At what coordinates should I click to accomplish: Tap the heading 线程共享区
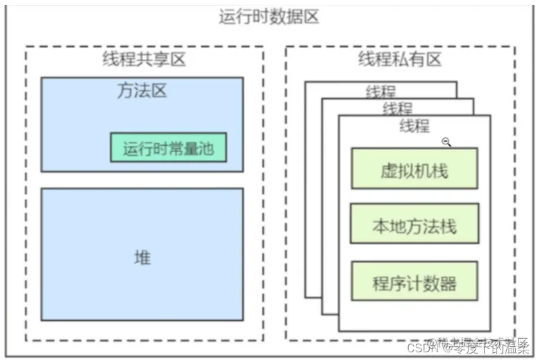[144, 60]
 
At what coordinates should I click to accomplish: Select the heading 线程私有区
[400, 60]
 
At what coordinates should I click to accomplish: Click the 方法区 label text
[142, 90]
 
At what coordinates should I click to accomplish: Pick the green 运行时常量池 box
[168, 148]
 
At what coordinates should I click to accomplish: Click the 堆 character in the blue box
[142, 257]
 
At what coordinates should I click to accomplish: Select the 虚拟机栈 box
[414, 169]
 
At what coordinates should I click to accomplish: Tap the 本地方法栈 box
[414, 225]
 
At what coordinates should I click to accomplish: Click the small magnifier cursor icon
[447, 142]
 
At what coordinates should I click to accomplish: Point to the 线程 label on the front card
[414, 126]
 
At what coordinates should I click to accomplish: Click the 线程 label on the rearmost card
[381, 92]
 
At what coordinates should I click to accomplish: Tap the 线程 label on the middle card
[398, 108]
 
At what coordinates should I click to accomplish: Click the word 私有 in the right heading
[400, 60]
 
